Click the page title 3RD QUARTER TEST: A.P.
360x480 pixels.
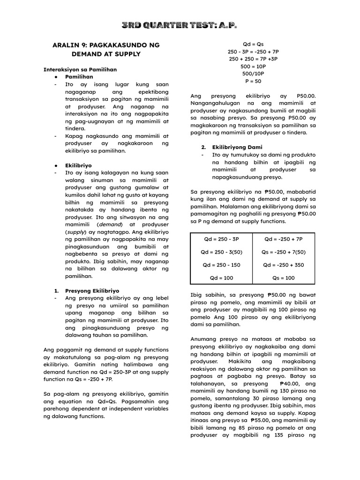(180, 24)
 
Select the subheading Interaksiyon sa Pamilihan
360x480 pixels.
(73, 69)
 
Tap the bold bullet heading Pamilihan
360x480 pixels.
(79, 76)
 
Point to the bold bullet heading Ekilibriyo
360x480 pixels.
(78, 165)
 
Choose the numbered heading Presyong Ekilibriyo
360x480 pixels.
(92, 291)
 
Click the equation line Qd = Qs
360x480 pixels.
(253, 44)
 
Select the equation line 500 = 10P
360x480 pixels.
(253, 66)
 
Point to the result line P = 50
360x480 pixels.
(253, 81)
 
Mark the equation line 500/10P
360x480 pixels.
(253, 74)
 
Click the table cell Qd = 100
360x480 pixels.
(221, 277)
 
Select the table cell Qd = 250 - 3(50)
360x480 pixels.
(221, 252)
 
